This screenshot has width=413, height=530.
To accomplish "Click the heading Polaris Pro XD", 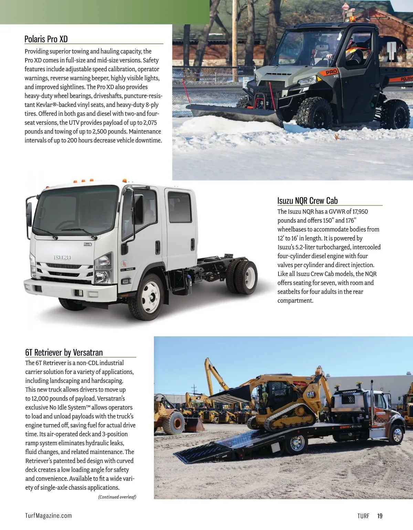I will coord(46,39).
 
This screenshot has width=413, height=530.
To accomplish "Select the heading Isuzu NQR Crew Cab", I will coord(307,201).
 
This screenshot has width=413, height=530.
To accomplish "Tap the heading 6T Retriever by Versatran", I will coord(64,352).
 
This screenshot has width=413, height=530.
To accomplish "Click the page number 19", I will coord(380,516).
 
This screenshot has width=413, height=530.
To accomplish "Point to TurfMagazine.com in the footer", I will coord(49,516).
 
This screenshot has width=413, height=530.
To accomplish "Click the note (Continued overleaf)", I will coord(117,497).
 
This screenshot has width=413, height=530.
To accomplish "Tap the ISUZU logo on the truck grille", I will coord(62,257).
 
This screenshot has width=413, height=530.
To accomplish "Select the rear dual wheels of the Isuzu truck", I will coord(243,277).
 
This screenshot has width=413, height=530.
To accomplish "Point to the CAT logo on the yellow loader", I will coord(310,394).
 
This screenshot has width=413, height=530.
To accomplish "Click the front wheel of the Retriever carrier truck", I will coord(396,435).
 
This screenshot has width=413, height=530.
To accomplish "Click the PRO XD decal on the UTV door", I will coord(331,73).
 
